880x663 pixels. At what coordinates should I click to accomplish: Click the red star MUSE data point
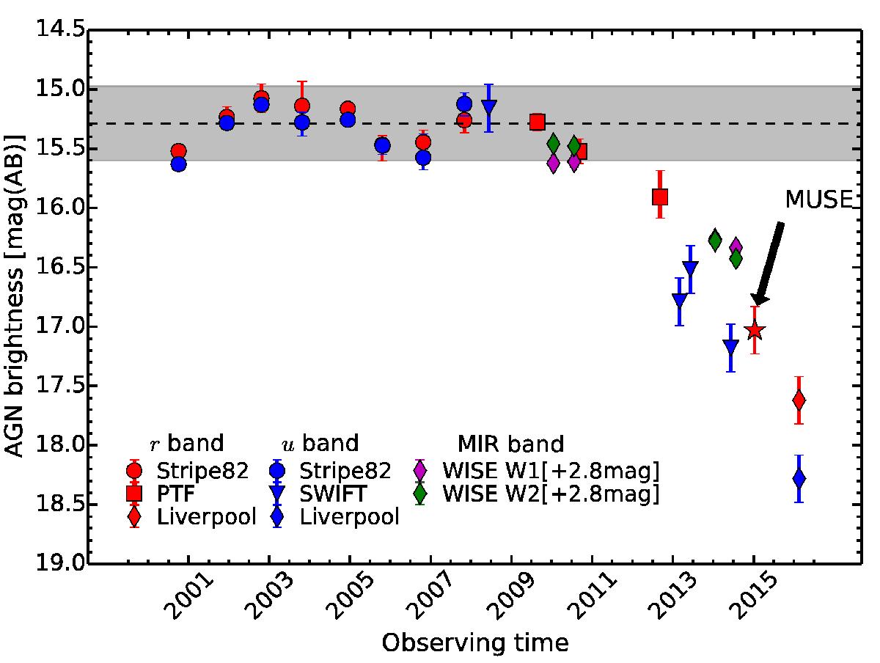(x=755, y=331)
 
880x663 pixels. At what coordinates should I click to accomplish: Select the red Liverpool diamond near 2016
(x=799, y=400)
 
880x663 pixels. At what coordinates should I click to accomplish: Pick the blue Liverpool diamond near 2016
(x=799, y=478)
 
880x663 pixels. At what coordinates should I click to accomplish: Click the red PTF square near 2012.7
(x=660, y=197)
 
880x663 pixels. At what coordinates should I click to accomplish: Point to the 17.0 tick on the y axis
(x=64, y=327)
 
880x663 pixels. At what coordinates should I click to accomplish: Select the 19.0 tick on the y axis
(x=64, y=564)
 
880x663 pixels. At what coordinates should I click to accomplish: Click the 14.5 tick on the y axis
(x=64, y=31)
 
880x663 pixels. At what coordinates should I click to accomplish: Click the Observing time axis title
(x=474, y=643)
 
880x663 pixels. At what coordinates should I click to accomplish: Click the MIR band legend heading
(x=510, y=444)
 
